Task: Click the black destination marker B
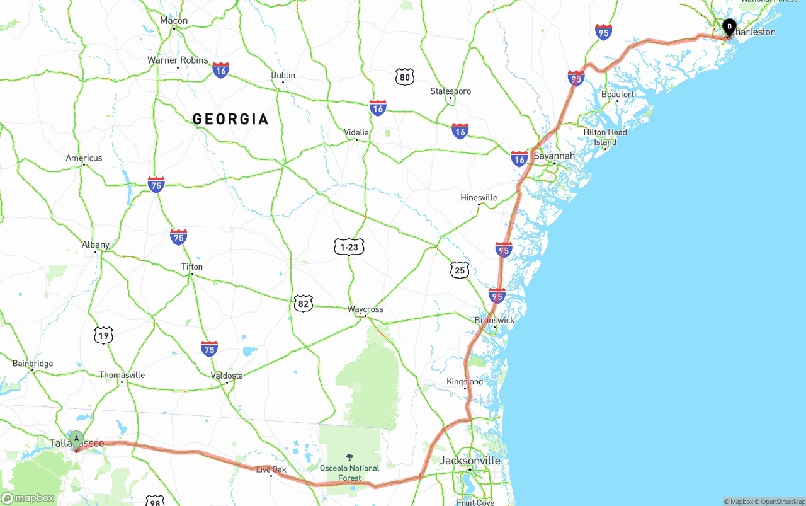click(x=729, y=27)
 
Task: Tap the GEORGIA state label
click(x=230, y=119)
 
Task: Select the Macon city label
click(x=174, y=21)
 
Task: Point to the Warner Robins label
click(x=178, y=60)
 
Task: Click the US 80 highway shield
click(x=405, y=78)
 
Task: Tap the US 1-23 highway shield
click(x=349, y=248)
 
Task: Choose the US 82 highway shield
click(x=303, y=303)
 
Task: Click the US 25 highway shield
click(x=460, y=270)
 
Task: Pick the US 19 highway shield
click(x=104, y=335)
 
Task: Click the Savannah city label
click(x=554, y=156)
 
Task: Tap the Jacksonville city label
click(x=470, y=461)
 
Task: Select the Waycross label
click(x=365, y=309)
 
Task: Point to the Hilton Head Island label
click(x=605, y=137)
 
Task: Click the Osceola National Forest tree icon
click(x=349, y=457)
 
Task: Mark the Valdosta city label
click(x=227, y=376)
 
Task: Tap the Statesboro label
click(x=451, y=91)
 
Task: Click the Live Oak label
click(x=271, y=469)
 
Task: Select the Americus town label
click(x=84, y=158)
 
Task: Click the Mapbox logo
click(x=28, y=498)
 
